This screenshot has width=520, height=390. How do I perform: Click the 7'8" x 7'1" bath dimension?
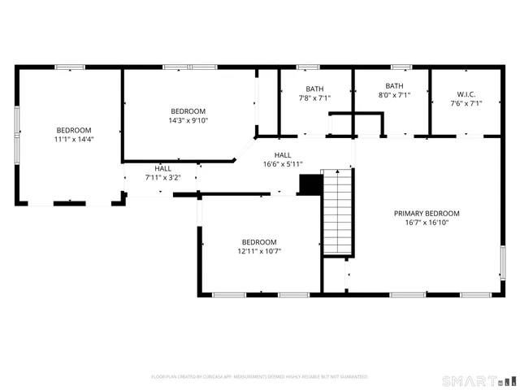314,97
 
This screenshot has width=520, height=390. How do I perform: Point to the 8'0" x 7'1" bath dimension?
394,95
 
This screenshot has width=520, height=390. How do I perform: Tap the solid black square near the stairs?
310,185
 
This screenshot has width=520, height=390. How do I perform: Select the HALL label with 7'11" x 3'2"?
162,168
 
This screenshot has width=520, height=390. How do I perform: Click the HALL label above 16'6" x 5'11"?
283,155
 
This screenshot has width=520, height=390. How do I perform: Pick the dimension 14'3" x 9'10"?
188,120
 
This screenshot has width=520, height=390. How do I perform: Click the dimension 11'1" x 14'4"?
73,139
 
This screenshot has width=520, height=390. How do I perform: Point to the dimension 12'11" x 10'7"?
259,251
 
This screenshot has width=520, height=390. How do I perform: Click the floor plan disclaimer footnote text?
260,377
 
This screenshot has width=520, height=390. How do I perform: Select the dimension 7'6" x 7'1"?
466,103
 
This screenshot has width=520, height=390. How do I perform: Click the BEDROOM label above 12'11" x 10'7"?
259,242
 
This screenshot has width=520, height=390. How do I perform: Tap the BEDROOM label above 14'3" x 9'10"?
188,111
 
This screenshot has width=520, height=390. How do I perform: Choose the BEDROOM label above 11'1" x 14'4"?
73,130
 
